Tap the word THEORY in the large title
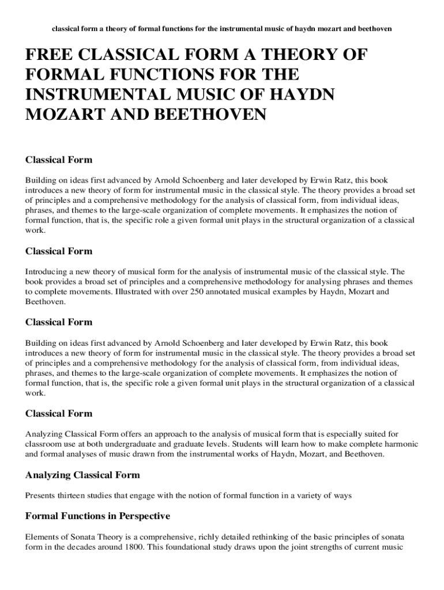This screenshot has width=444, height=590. pos(299,56)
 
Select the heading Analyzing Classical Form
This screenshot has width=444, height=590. pos(82,475)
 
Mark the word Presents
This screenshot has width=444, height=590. pos(42,495)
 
